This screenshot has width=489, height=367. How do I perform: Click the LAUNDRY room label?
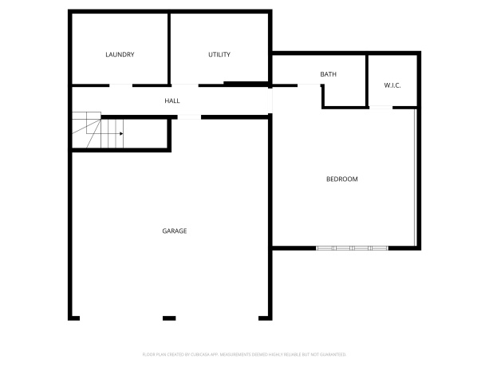tap(120, 55)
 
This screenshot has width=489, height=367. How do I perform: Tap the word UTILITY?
tap(219, 55)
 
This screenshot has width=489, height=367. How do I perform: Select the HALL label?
tap(172, 101)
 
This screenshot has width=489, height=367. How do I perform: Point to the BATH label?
tap(329, 75)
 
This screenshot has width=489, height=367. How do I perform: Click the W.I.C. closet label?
tap(392, 85)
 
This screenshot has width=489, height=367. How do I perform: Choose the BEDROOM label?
tap(342, 180)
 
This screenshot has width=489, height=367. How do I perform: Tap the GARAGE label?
tap(175, 231)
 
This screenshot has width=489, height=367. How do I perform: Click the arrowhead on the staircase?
tap(120, 134)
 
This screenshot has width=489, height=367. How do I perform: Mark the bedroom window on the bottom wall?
tap(353, 248)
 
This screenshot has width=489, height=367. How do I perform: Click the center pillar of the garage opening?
tap(169, 318)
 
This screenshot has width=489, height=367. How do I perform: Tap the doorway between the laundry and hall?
tap(121, 85)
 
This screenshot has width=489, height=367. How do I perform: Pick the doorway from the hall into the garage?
tap(188, 117)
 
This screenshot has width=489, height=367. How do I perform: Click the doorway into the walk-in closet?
tap(381, 106)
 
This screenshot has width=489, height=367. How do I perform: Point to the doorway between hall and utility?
tap(184, 85)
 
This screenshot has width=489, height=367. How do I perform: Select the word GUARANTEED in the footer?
tap(332, 353)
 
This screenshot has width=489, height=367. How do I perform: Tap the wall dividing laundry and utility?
tap(169, 48)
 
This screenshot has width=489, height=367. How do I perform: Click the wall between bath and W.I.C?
tap(367, 80)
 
